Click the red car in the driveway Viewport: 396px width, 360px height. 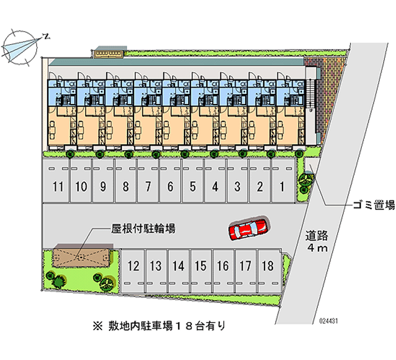[248, 229]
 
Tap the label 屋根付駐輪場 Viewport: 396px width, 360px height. [142, 229]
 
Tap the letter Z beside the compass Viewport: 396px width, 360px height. [46, 36]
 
